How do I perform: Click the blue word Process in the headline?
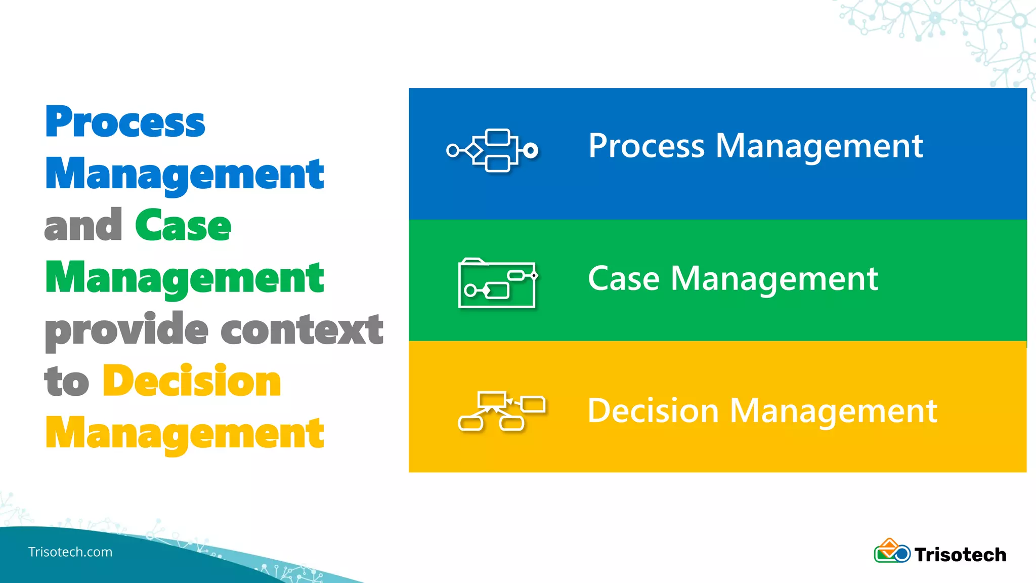(x=125, y=122)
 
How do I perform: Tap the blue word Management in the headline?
(x=185, y=175)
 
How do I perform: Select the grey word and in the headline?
(x=83, y=226)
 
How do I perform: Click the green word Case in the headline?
(x=183, y=226)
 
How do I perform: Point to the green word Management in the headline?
(x=185, y=278)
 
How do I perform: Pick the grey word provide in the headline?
(x=126, y=330)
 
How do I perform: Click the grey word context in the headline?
(x=302, y=330)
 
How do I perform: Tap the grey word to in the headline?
(x=66, y=382)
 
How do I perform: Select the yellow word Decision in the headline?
(x=192, y=382)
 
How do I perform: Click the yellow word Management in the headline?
(x=185, y=434)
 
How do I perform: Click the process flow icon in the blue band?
(x=492, y=150)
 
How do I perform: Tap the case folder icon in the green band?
(x=497, y=283)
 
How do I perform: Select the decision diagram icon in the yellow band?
(x=501, y=411)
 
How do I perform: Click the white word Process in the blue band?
(x=646, y=146)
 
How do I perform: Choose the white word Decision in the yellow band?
(x=653, y=410)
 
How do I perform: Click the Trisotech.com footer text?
(x=70, y=552)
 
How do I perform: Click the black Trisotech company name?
(x=960, y=555)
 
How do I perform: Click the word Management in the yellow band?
(x=833, y=411)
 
